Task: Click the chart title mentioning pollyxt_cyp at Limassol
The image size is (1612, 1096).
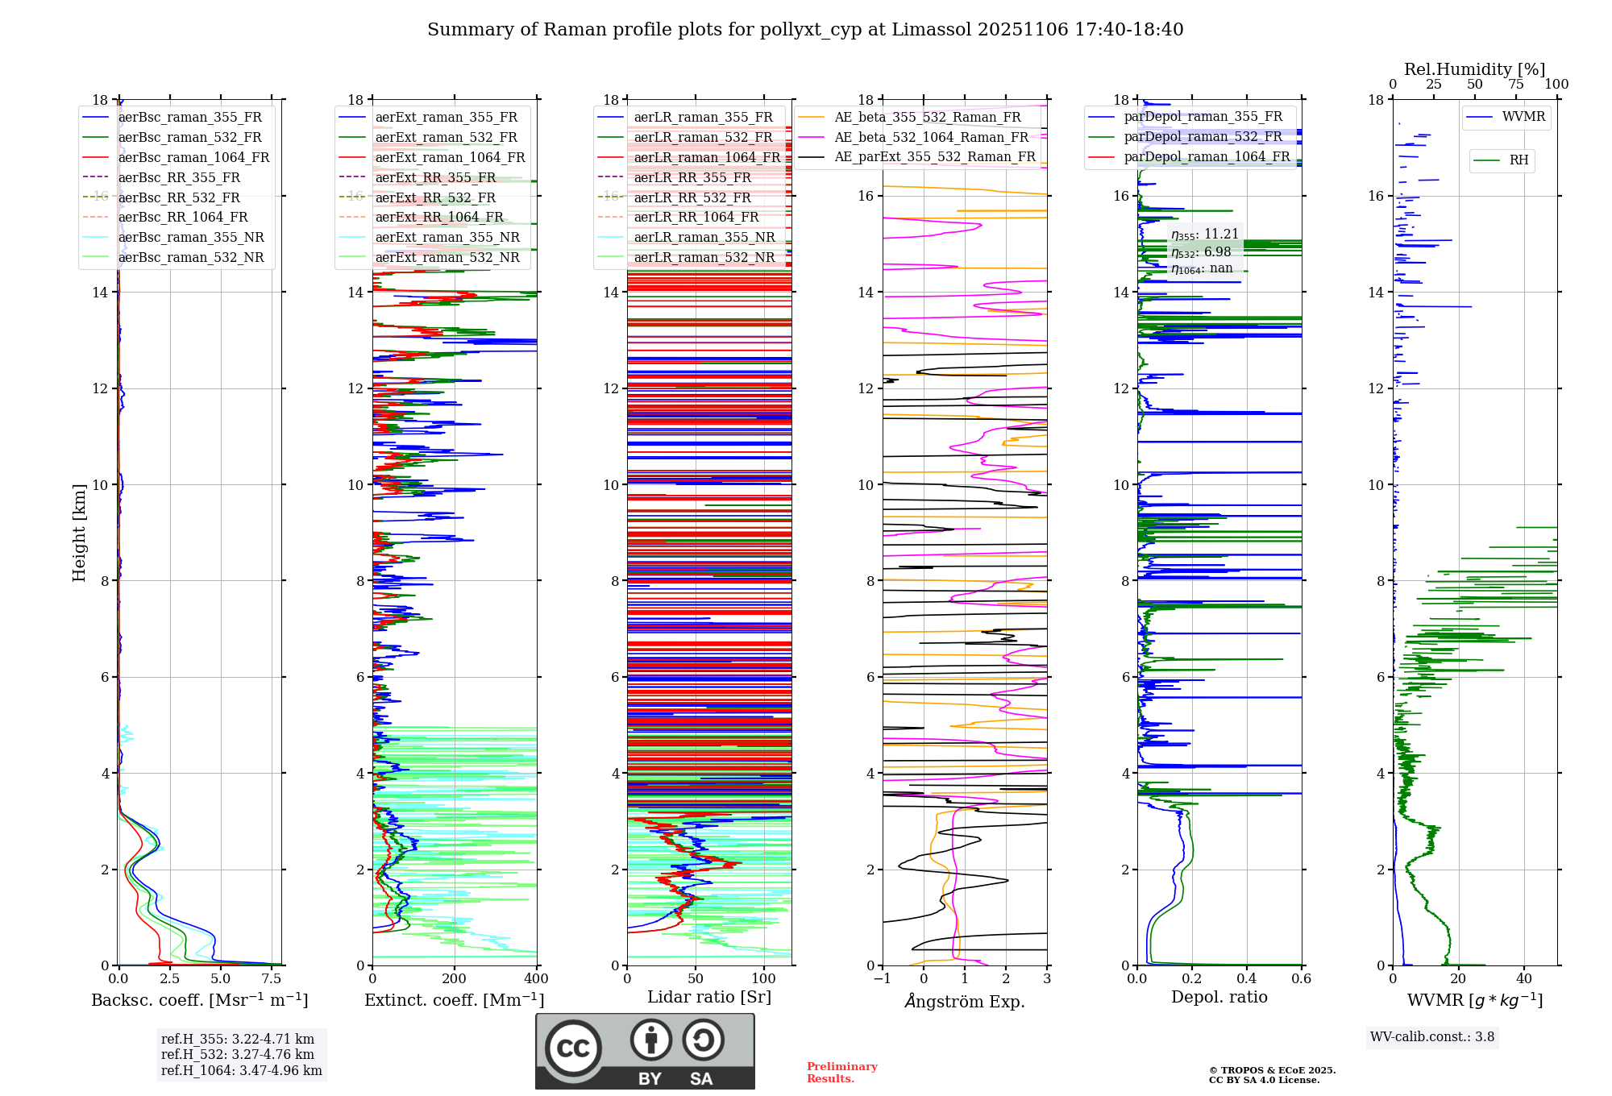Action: point(805,30)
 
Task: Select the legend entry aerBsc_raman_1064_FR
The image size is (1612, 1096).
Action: point(193,157)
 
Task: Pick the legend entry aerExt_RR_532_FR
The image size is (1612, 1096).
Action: point(435,197)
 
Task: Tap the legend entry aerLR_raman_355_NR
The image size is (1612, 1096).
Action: point(704,237)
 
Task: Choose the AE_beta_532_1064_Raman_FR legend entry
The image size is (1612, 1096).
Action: point(931,137)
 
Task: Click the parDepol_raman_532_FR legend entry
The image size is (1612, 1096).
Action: point(1203,137)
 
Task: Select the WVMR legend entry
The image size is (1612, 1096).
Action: point(1523,117)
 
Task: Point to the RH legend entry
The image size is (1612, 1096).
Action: point(1519,160)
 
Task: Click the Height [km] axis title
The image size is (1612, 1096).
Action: point(79,532)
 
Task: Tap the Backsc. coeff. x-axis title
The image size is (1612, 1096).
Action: point(199,1000)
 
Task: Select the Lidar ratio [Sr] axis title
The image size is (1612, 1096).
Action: point(708,997)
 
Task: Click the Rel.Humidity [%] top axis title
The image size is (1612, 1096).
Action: point(1474,69)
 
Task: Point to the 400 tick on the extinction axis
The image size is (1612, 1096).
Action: point(536,979)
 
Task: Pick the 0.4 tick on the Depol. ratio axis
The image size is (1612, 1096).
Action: point(1246,979)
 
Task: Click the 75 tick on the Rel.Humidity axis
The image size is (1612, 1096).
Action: point(1516,85)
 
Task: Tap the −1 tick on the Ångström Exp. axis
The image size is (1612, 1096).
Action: point(882,979)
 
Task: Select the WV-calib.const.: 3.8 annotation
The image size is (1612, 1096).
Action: point(1431,1037)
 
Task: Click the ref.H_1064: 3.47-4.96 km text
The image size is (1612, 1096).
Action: point(241,1071)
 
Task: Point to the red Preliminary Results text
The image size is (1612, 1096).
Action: point(841,1073)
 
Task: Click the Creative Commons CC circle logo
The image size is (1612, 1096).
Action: point(573,1048)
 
